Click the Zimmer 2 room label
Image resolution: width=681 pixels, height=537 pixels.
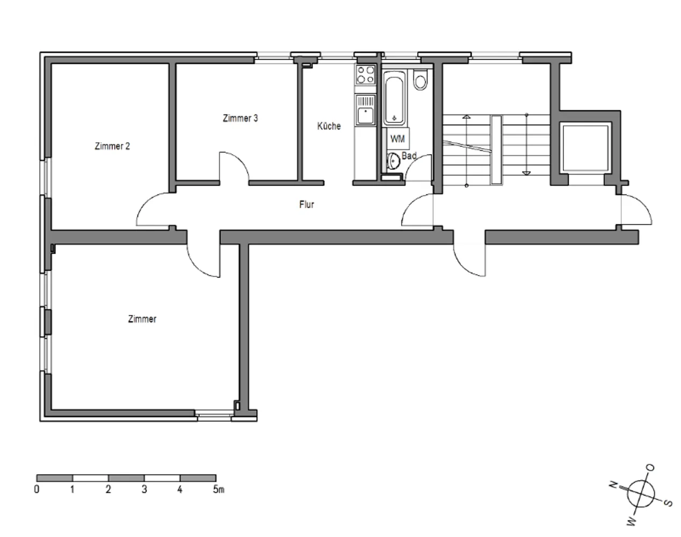tap(112, 146)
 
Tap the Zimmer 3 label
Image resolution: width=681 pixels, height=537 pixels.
tap(240, 118)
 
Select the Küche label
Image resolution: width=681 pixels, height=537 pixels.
tap(329, 126)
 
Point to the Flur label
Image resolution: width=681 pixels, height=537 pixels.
tap(306, 205)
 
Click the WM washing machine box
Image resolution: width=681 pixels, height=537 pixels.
tap(398, 139)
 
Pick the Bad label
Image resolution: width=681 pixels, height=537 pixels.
tap(409, 156)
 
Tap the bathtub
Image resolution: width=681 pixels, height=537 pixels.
tap(394, 98)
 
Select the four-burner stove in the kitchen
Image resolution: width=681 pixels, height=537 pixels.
tap(366, 75)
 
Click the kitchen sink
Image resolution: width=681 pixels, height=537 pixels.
tap(366, 110)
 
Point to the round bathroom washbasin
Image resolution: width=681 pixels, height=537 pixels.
tap(393, 161)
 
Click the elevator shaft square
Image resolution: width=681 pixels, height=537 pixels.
tap(585, 148)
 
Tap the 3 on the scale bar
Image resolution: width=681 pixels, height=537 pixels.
tap(144, 490)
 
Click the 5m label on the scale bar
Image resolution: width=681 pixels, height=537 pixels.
tap(219, 490)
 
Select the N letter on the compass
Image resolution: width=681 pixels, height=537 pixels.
tap(613, 484)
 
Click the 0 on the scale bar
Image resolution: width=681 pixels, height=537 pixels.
tap(37, 490)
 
